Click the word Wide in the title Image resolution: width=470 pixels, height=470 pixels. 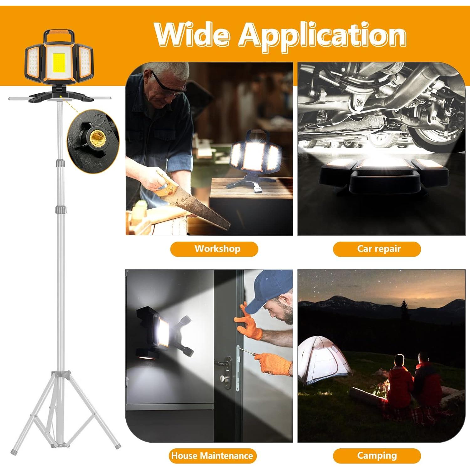coord(192,34)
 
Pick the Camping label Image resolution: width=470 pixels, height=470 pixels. coord(377,456)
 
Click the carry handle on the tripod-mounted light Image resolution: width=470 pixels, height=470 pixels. coord(59,33)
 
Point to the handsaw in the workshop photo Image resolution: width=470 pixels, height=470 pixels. coord(194,201)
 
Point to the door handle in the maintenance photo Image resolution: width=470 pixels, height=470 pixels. coord(223,363)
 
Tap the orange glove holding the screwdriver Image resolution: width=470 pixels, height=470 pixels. coord(276,363)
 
